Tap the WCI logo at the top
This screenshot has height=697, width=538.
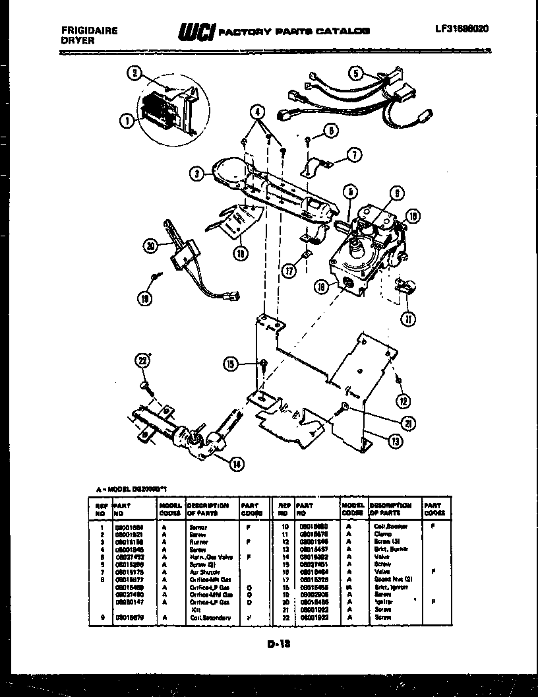(x=195, y=31)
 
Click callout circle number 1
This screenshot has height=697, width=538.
(x=125, y=119)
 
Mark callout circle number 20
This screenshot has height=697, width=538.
(x=151, y=248)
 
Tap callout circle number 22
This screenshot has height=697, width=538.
(x=142, y=360)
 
